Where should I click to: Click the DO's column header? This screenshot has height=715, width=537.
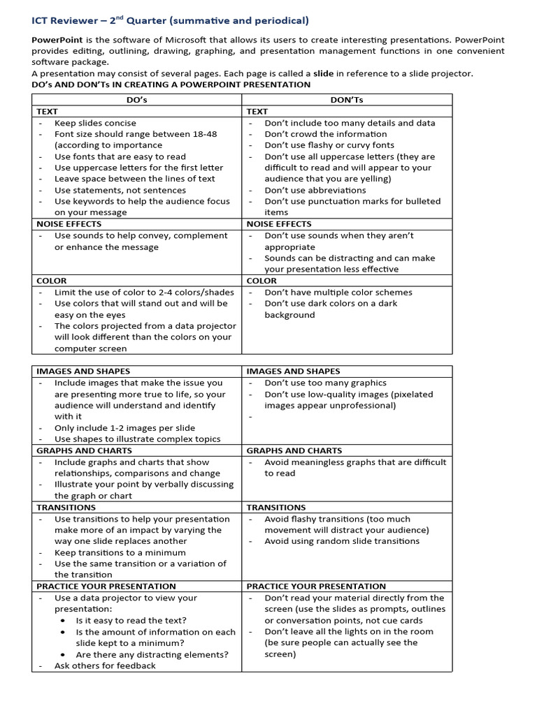[x=136, y=100]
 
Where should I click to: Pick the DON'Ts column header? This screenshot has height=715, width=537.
[x=347, y=100]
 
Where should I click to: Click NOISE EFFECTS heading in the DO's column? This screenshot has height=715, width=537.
[x=69, y=224]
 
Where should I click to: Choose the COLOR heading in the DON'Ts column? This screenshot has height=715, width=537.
[x=262, y=281]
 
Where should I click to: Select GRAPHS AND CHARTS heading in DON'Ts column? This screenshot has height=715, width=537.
[x=294, y=451]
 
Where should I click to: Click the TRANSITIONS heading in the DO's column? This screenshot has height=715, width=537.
[x=66, y=508]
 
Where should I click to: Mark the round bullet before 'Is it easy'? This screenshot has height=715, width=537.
[x=64, y=621]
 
